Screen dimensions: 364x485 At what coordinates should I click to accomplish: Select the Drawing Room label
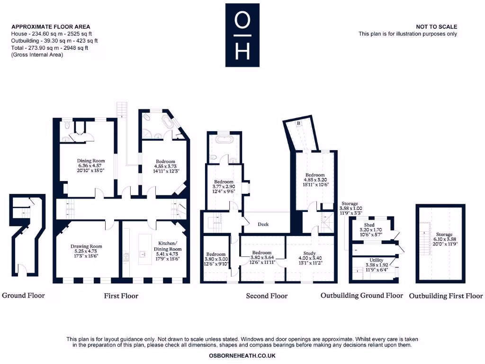86,246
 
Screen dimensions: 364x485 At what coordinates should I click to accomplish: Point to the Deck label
263,224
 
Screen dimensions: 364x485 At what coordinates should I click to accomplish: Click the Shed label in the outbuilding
369,225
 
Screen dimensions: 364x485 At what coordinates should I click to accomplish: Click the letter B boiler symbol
298,123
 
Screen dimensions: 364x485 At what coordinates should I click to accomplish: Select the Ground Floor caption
23,295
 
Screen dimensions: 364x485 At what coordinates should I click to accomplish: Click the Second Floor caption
267,296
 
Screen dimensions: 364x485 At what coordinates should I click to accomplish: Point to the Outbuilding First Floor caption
446,296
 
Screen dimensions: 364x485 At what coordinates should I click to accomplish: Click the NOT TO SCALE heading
436,27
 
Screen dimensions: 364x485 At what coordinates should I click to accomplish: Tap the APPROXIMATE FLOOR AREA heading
51,27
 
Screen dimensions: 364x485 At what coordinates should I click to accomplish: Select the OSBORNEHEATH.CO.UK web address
242,355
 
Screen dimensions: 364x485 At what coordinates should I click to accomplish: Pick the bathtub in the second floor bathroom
224,140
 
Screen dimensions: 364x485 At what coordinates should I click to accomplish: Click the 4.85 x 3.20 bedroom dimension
315,180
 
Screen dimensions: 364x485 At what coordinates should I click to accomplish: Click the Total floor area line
50,48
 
